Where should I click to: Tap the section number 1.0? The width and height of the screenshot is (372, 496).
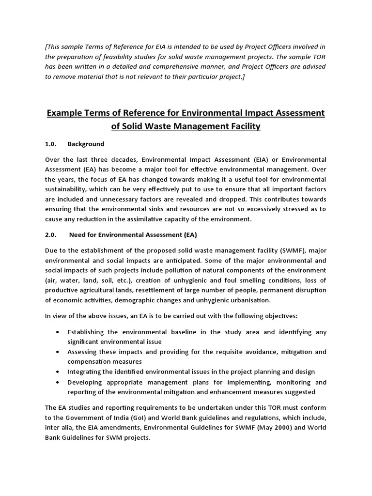(x=51, y=144)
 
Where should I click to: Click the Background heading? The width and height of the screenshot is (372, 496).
(x=86, y=144)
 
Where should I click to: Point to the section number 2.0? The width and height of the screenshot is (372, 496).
(x=51, y=235)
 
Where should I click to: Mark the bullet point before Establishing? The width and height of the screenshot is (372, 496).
(x=59, y=332)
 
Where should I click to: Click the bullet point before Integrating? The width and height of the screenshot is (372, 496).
(x=59, y=372)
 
